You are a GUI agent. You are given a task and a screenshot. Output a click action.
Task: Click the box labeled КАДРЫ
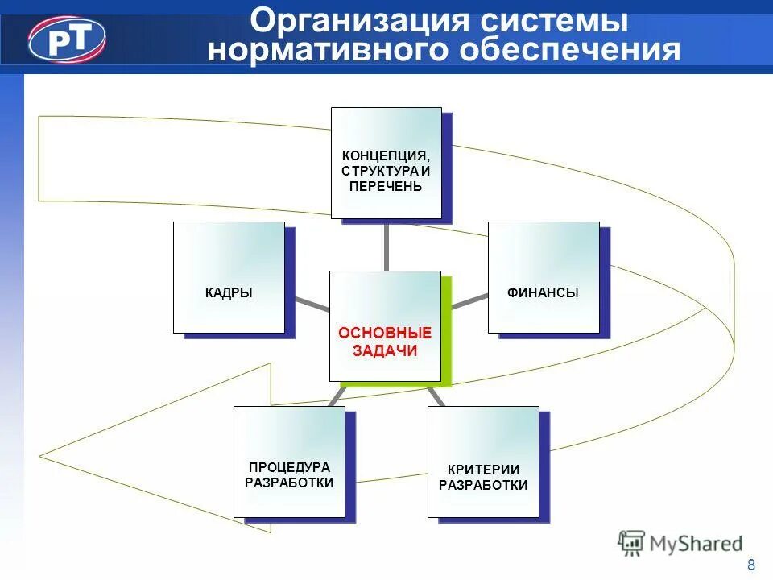tap(229, 277)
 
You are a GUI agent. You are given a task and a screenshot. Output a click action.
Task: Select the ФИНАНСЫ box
tap(544, 277)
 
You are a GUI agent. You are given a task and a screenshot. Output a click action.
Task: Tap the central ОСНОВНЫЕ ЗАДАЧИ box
tap(385, 326)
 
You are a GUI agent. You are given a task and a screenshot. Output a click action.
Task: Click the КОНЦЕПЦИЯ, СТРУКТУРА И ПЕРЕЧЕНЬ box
tap(386, 163)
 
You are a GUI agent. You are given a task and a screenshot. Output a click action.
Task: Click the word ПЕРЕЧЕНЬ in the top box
tap(386, 186)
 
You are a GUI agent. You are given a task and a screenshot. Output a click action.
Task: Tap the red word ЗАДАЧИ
tap(385, 350)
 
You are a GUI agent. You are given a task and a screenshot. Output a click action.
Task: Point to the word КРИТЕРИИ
tap(483, 470)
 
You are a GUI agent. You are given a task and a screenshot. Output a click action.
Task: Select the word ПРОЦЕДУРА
tap(289, 467)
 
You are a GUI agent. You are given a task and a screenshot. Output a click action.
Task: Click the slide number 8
tap(751, 564)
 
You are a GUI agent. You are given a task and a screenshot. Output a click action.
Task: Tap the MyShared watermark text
tap(697, 544)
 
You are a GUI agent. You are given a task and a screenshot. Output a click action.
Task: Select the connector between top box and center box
tap(386, 245)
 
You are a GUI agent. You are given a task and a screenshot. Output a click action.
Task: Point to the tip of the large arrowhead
tap(40, 452)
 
